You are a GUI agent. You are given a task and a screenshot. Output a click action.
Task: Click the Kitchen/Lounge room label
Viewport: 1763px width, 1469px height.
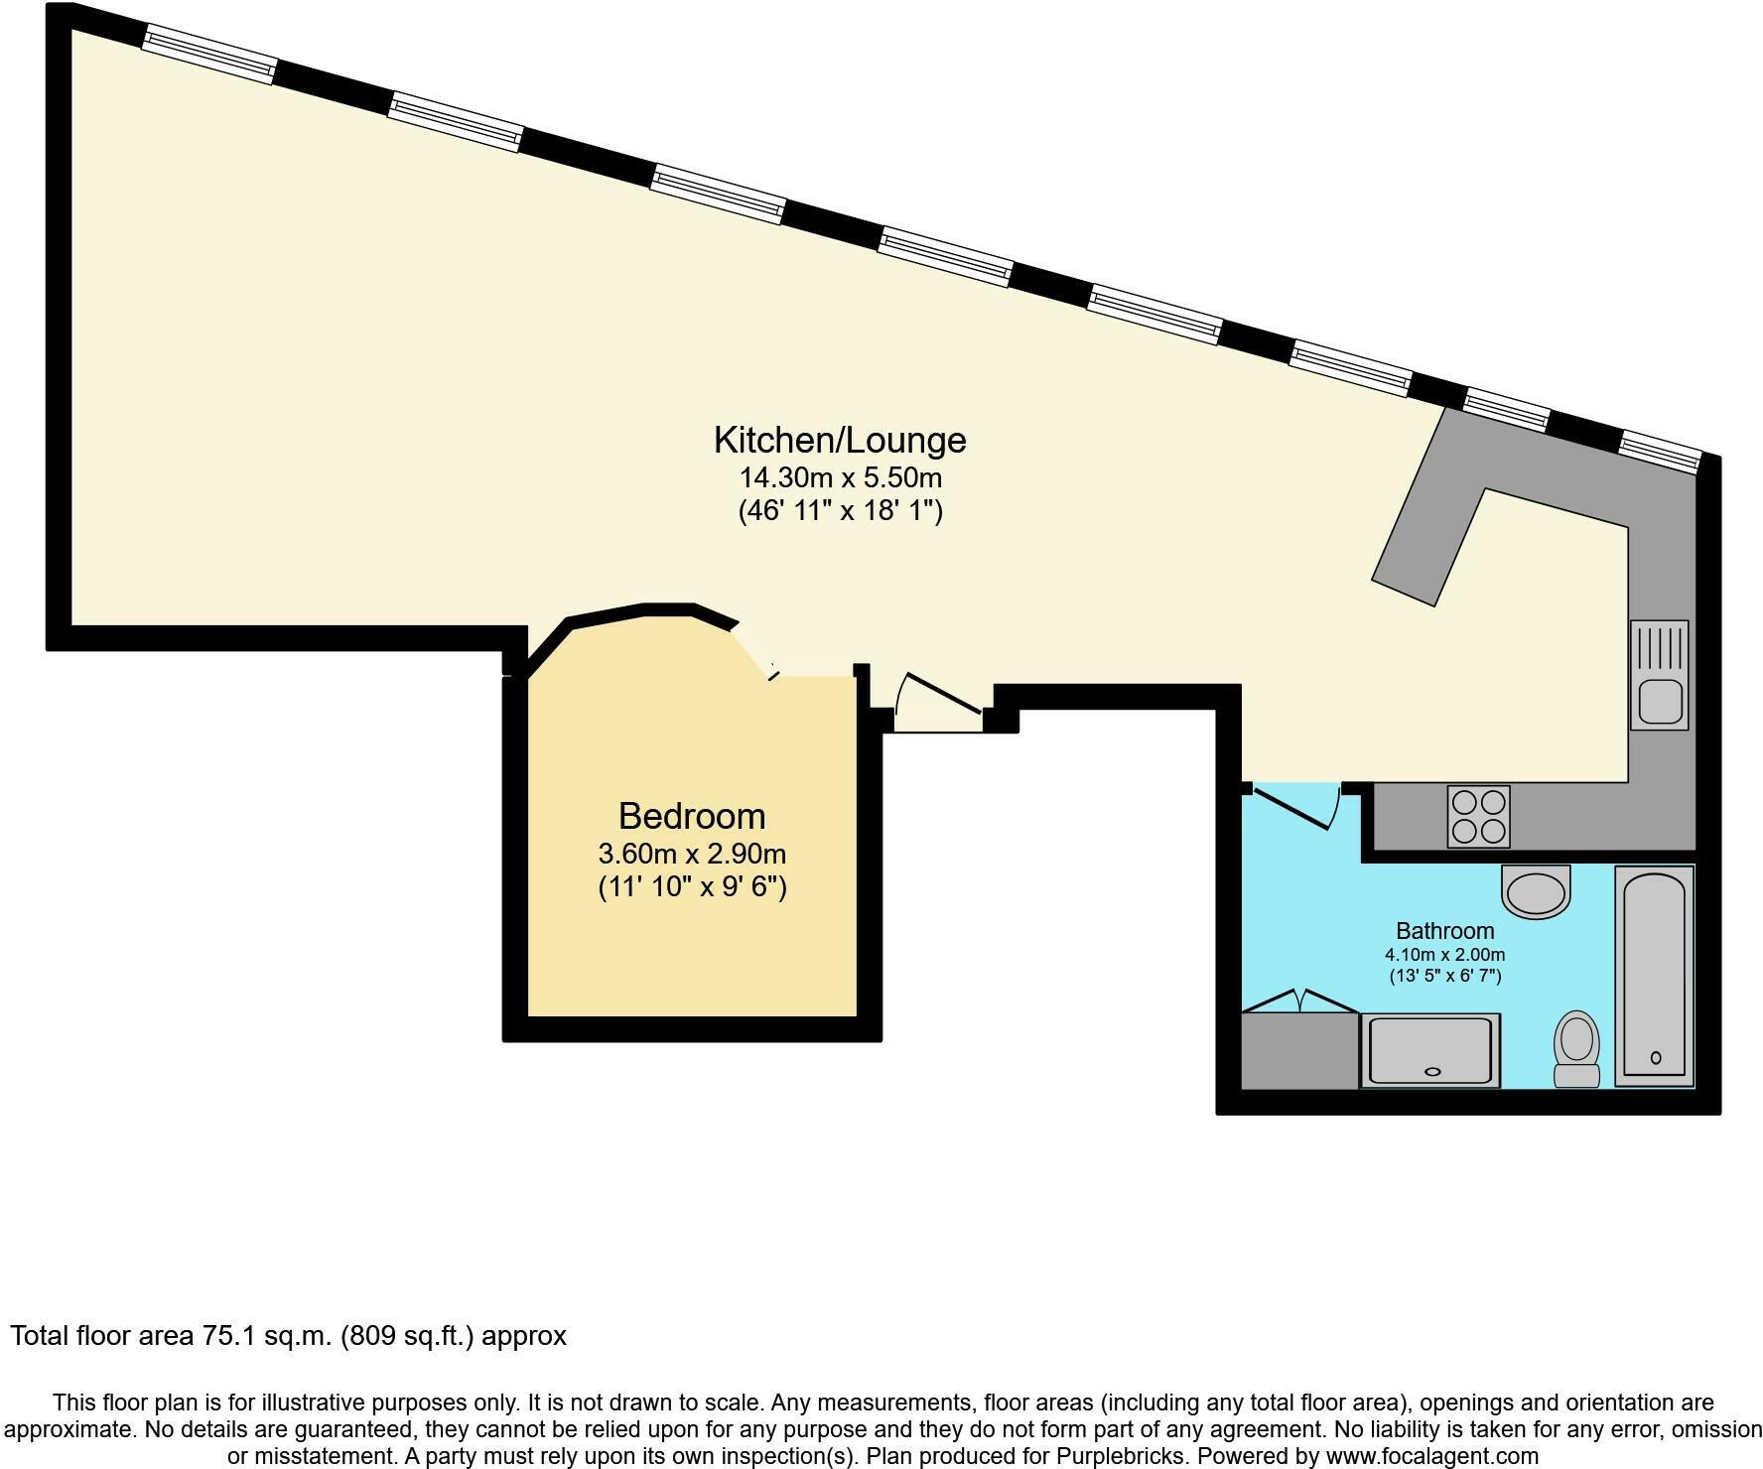(839, 440)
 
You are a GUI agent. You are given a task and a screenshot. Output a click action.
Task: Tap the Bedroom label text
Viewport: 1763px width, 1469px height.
(692, 816)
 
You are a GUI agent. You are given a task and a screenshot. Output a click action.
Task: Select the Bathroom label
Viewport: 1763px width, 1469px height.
(1444, 931)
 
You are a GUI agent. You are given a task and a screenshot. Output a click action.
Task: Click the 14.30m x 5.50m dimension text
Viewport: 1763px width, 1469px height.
(840, 477)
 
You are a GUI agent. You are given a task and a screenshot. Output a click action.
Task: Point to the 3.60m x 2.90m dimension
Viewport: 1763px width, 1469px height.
(692, 854)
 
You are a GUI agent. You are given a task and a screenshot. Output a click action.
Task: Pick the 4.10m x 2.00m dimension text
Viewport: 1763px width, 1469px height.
(1444, 955)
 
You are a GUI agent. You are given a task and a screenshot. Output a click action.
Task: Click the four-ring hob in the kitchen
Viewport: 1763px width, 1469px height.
(1478, 817)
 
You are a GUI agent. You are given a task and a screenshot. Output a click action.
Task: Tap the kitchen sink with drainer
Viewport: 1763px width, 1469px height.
(1659, 675)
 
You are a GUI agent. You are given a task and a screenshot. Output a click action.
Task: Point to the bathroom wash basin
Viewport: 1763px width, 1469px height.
(1537, 890)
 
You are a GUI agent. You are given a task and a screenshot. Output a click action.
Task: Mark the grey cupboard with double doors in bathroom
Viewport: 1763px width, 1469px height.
(1299, 1050)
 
